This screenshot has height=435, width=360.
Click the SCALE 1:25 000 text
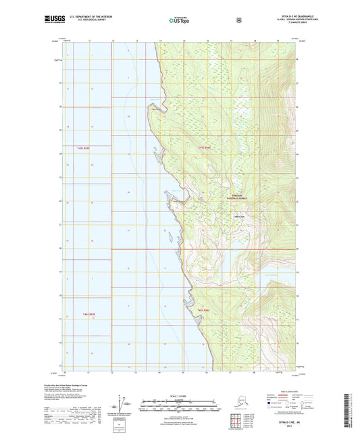coord(180,395)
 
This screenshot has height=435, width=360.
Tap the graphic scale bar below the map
coord(180,407)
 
